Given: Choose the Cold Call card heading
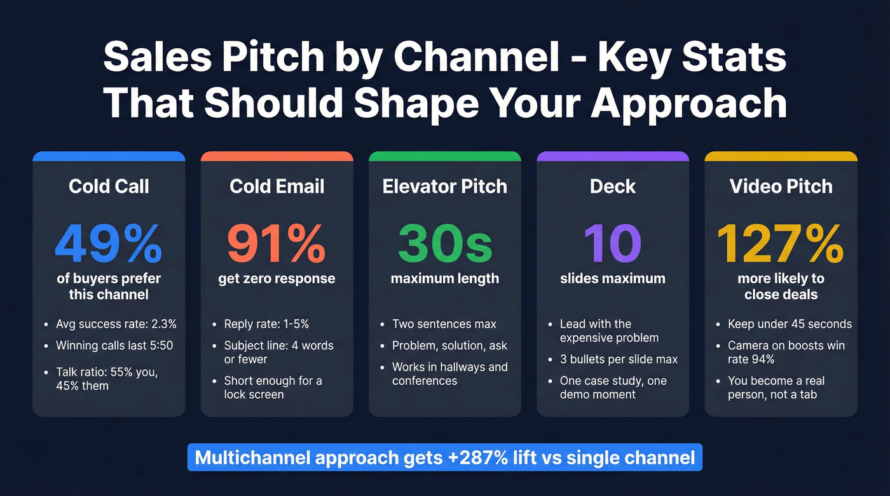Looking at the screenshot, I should point(109,186).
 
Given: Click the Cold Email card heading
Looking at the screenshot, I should point(277,186).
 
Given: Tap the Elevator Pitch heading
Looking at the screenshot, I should point(445,186).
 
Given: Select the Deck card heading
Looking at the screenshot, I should point(613,186).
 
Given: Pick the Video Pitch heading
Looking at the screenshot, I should point(781,186).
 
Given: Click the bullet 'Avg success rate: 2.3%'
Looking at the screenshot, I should point(116,324).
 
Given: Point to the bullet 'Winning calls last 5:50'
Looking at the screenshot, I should point(114,345).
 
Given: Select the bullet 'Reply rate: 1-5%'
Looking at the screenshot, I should point(266,324).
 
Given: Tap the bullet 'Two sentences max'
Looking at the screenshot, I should point(444,324).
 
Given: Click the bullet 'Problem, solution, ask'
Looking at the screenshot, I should point(449,345).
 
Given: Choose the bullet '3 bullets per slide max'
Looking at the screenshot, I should point(619,359).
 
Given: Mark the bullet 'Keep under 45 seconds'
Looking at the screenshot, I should point(790,324).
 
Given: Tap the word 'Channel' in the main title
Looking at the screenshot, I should point(475,58).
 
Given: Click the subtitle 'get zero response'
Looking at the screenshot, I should point(277,279).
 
